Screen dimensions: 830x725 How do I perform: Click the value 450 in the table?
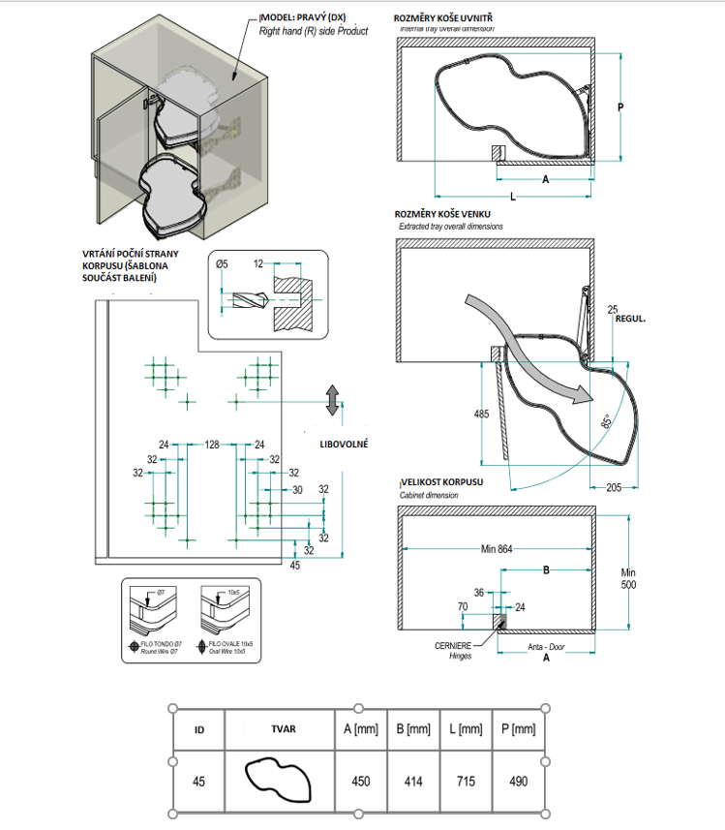[x=359, y=781]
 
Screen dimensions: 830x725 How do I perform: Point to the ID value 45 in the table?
[x=198, y=781]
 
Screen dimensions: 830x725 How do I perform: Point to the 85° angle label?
[x=605, y=420]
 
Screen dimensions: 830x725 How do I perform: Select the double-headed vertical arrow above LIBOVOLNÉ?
[x=332, y=399]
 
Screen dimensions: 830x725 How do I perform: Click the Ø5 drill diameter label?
[x=221, y=262]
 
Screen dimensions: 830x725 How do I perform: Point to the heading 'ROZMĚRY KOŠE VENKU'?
[x=448, y=214]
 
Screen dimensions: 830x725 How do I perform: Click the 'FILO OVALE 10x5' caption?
[x=224, y=642]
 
